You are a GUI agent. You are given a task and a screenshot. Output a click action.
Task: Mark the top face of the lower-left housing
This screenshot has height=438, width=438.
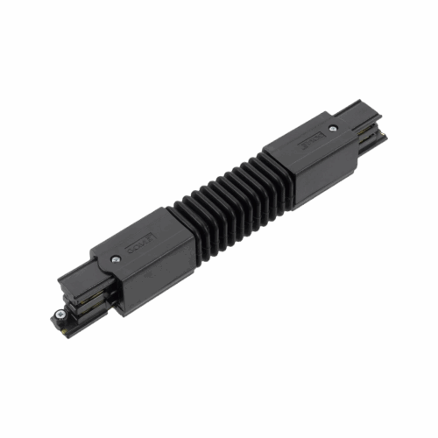[140, 245]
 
